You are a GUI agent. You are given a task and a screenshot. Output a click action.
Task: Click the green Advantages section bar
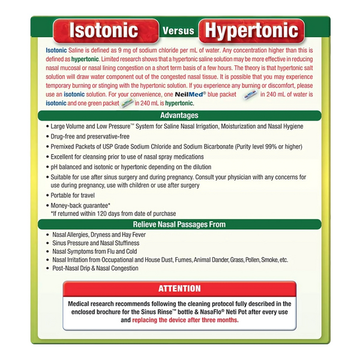pos(180,115)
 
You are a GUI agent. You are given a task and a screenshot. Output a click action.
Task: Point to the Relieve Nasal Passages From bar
pos(180,224)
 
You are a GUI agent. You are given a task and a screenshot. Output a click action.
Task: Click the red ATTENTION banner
pos(179,289)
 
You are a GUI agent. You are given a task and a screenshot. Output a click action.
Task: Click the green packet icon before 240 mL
pos(127,103)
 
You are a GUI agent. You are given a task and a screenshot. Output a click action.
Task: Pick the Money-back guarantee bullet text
pos(85,205)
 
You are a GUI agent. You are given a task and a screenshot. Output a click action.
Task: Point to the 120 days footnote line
pos(113,213)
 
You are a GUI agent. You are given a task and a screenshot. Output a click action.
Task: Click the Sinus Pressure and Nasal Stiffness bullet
pos(96,243)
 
